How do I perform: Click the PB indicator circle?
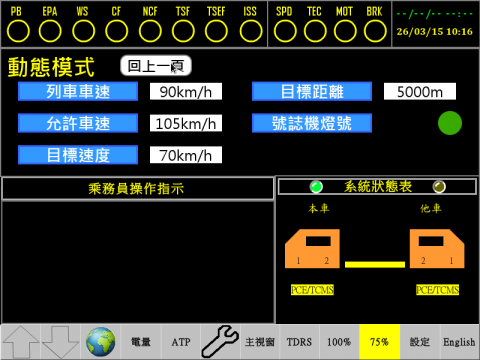coord(16,30)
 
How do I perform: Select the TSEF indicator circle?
coord(216,30)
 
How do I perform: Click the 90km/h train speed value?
coord(185,93)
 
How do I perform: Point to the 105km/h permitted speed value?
coord(185,124)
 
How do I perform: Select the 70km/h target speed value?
coord(185,155)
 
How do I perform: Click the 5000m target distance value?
coord(419,93)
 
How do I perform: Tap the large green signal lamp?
coord(450,124)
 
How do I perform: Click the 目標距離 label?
coord(311,93)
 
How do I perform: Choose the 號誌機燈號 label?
coord(311,124)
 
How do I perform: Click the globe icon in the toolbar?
coord(100,342)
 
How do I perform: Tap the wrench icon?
coord(220,342)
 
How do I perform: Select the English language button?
coord(459,342)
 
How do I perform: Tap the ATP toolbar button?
coord(180,342)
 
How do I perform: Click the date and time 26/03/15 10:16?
coord(434,31)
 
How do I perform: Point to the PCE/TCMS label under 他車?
coord(436,290)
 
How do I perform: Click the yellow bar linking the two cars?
coord(377,264)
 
